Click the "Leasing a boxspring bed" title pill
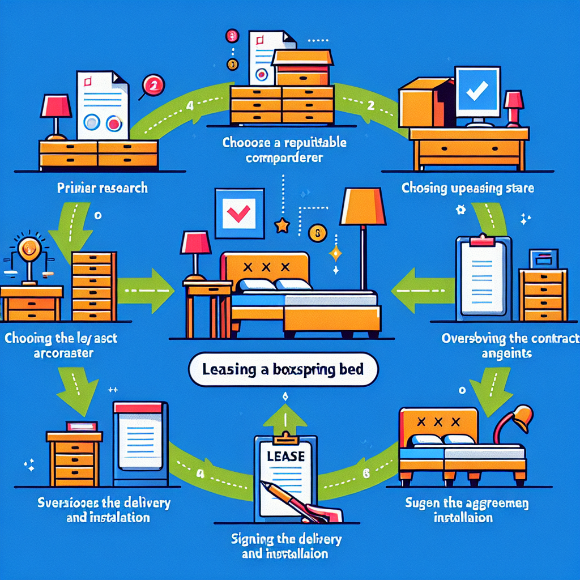pos(283,370)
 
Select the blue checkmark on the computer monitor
pos(477,89)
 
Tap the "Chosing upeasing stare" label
pos(468,187)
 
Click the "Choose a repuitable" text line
pos(284,143)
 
